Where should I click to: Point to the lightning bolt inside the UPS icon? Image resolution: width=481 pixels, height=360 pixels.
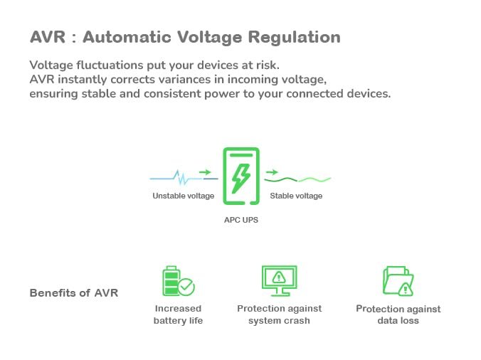(x=241, y=176)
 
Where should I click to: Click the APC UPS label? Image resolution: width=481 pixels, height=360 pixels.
(x=241, y=220)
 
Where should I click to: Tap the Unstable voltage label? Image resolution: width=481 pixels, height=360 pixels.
(x=183, y=196)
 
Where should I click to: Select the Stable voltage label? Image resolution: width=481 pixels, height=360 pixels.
(x=296, y=196)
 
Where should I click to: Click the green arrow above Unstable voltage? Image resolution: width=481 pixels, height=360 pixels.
(x=205, y=172)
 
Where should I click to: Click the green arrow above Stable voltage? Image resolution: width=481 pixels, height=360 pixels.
(x=271, y=172)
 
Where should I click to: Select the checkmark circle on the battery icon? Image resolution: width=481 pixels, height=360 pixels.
(x=186, y=287)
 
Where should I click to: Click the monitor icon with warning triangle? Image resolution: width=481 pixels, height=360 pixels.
(x=279, y=280)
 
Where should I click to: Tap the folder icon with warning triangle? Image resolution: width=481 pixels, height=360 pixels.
(x=397, y=281)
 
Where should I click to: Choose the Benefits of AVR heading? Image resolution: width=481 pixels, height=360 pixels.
(x=74, y=293)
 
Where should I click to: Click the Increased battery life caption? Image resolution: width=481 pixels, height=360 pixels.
(x=178, y=314)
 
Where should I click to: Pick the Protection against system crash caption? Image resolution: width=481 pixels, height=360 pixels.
(x=279, y=314)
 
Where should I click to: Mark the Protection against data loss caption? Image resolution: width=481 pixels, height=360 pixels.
(x=398, y=314)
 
